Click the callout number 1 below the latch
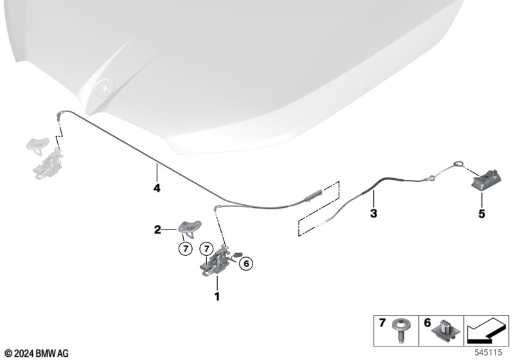click(217, 296)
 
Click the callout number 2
click(157, 230)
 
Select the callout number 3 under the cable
click(373, 213)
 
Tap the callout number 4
click(157, 188)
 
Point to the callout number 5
click(481, 214)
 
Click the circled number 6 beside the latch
click(246, 264)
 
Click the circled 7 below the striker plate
click(186, 249)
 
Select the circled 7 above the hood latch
click(206, 249)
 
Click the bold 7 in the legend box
click(382, 323)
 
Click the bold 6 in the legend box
click(427, 323)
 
